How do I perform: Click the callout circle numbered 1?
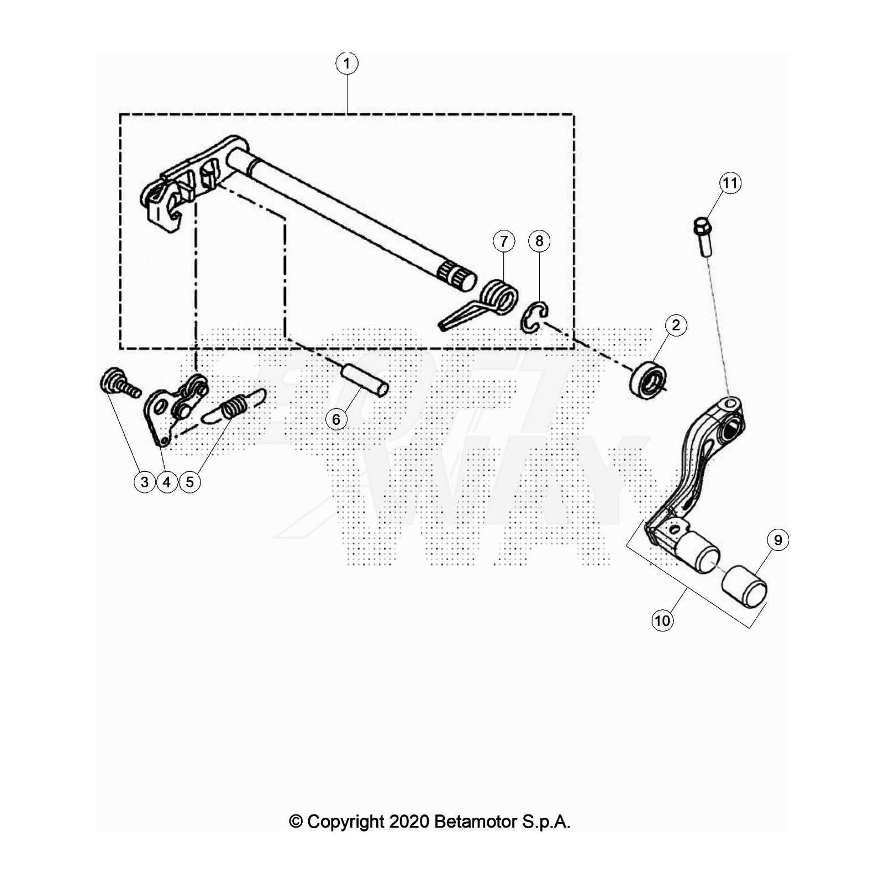(x=346, y=64)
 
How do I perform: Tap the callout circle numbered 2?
(x=676, y=325)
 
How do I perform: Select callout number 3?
(x=145, y=482)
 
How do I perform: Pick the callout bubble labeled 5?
(x=190, y=482)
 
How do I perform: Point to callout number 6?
(x=336, y=419)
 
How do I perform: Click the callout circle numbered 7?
(x=503, y=241)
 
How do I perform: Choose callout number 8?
(x=539, y=241)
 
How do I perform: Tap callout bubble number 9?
(x=778, y=540)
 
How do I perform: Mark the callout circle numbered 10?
(x=662, y=620)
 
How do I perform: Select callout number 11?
(x=730, y=183)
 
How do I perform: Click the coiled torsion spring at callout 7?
(x=499, y=298)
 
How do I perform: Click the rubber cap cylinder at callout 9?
(x=744, y=585)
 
